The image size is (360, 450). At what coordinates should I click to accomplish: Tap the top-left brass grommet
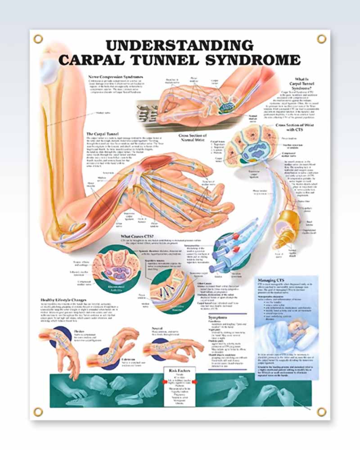tap(38, 39)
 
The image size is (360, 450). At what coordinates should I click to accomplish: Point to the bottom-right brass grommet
tap(321, 411)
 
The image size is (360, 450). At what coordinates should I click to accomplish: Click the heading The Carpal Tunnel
tap(103, 134)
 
